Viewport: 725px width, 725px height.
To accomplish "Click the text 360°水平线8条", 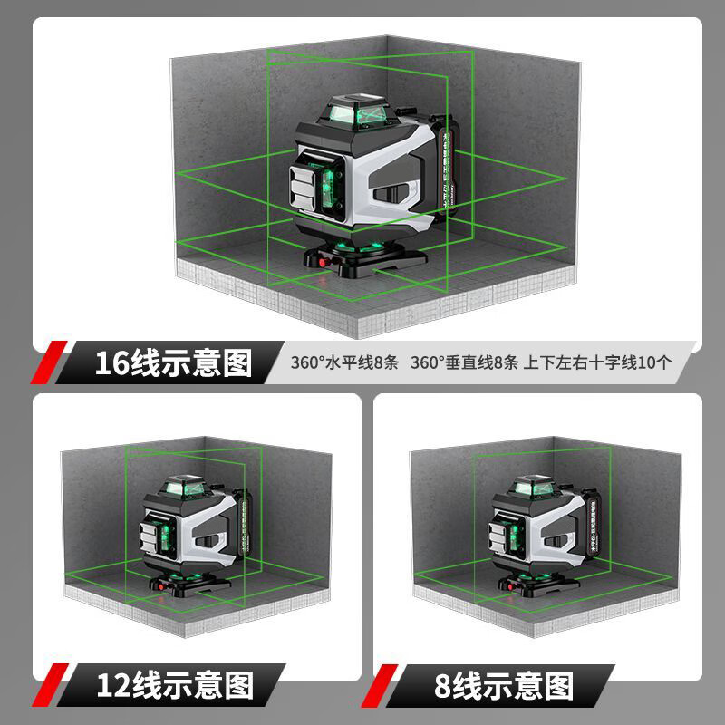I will tap(344, 363).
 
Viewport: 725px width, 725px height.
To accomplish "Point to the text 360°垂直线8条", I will tap(464, 363).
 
